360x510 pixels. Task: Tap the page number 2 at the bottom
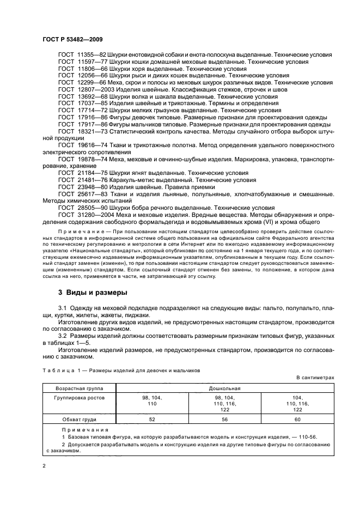click(45, 466)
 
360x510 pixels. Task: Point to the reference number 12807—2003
click(96, 89)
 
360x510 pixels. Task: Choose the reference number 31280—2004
click(96, 215)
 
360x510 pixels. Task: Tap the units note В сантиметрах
click(315, 377)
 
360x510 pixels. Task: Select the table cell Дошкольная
click(224, 388)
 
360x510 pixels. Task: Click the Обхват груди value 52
click(152, 419)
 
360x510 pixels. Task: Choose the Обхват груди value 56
click(225, 419)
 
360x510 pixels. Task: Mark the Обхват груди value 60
click(297, 419)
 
